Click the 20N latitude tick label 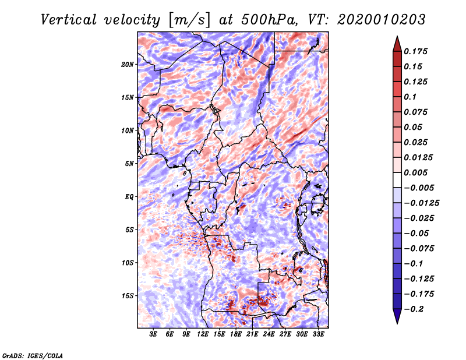click(x=128, y=64)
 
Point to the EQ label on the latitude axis click(x=129, y=197)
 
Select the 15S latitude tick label click(x=128, y=296)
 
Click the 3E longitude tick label click(x=154, y=334)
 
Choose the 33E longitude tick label click(x=318, y=334)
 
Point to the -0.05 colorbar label click(x=419, y=233)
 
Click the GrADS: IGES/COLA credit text click(x=33, y=355)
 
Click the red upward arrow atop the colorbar click(x=396, y=42)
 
